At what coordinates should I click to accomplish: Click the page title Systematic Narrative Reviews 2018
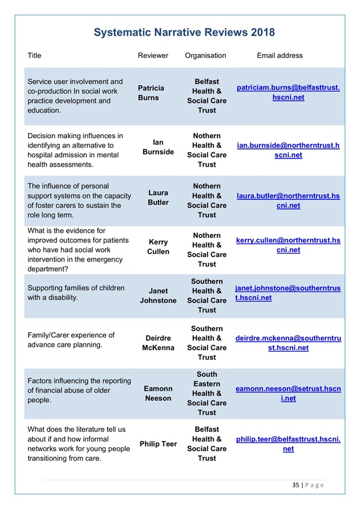point(184,32)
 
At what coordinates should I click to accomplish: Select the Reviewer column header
point(153,55)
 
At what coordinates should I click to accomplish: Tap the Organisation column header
point(205,55)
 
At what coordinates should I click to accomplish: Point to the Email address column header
point(280,55)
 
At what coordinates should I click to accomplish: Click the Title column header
point(34,55)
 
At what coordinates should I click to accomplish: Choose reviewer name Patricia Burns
point(151,93)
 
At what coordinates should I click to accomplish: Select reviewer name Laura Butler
point(158,197)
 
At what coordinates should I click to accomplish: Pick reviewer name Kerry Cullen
point(158,247)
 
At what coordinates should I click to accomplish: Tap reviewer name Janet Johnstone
point(158,296)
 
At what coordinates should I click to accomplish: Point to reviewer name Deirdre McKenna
point(158,343)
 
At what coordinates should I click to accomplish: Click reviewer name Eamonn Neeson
point(158,393)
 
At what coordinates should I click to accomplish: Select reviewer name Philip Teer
point(158,443)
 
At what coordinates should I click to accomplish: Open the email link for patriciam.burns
point(288,93)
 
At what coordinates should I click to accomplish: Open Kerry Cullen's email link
point(288,246)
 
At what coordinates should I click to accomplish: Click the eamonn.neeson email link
point(288,393)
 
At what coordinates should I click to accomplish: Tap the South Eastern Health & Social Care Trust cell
point(207,393)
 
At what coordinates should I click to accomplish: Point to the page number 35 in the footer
point(296,485)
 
